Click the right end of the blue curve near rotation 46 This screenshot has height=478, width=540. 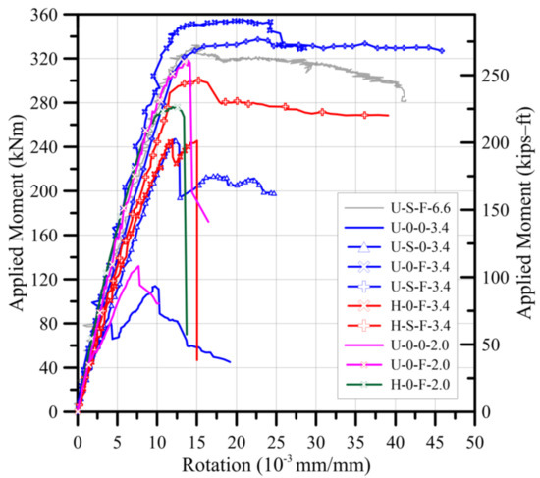tap(442, 50)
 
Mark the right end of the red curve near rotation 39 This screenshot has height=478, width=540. tap(388, 116)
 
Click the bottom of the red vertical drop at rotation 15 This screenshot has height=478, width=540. tap(196, 359)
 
